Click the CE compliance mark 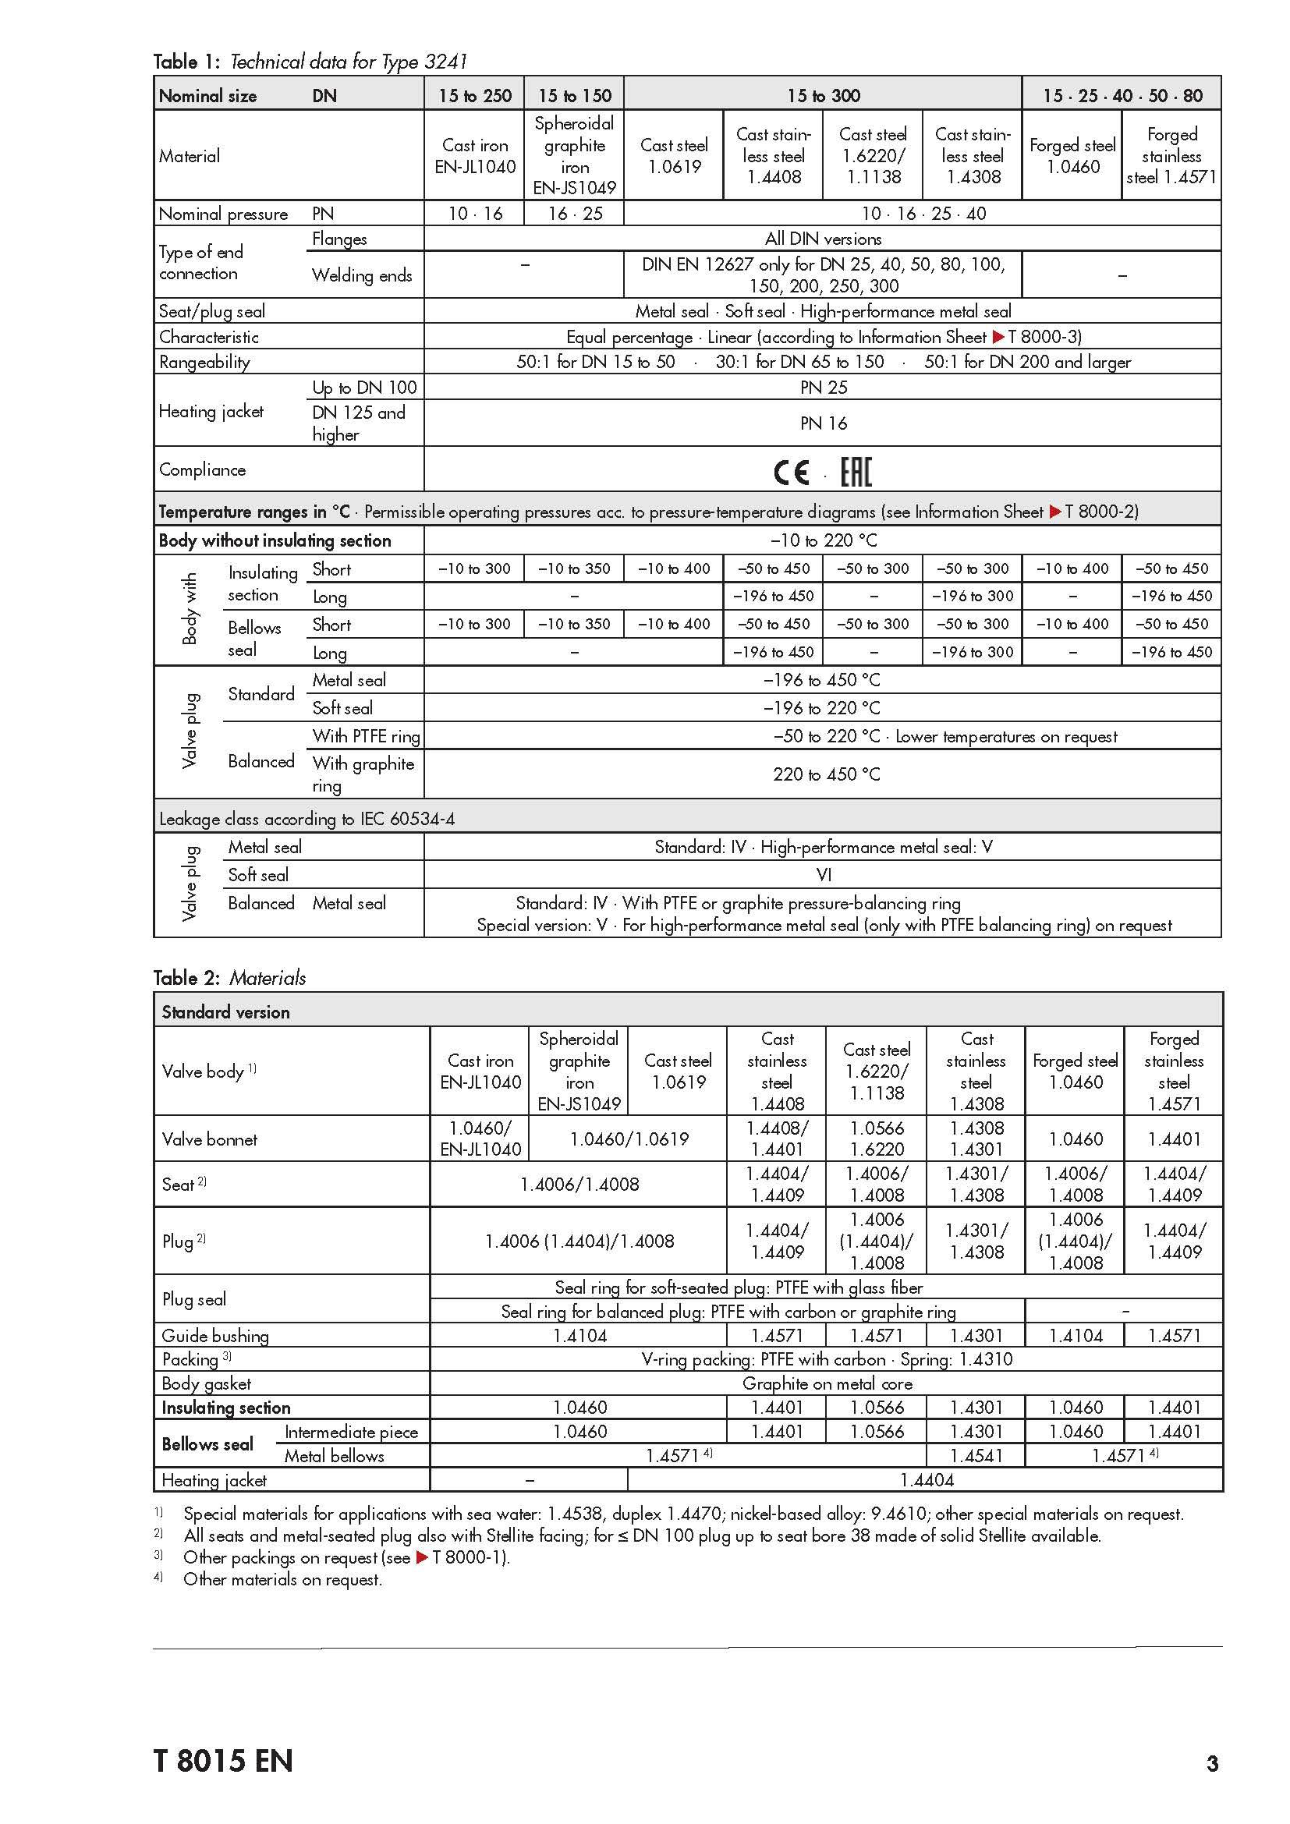point(791,473)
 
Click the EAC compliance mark point(856,473)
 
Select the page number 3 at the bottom point(1212,1763)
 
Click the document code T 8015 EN point(223,1761)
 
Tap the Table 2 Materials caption point(229,977)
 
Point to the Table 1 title point(310,61)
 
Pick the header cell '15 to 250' point(474,95)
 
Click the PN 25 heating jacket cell point(823,388)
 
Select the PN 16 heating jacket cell point(823,423)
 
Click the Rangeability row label point(204,363)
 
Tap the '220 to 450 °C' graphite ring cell point(826,774)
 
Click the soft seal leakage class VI point(823,875)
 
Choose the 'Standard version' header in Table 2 point(225,1012)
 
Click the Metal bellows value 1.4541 point(976,1455)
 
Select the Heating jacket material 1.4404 point(927,1480)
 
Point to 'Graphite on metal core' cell point(827,1383)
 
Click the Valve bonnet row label point(210,1139)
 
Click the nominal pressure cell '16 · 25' point(574,214)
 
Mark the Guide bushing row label point(215,1335)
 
